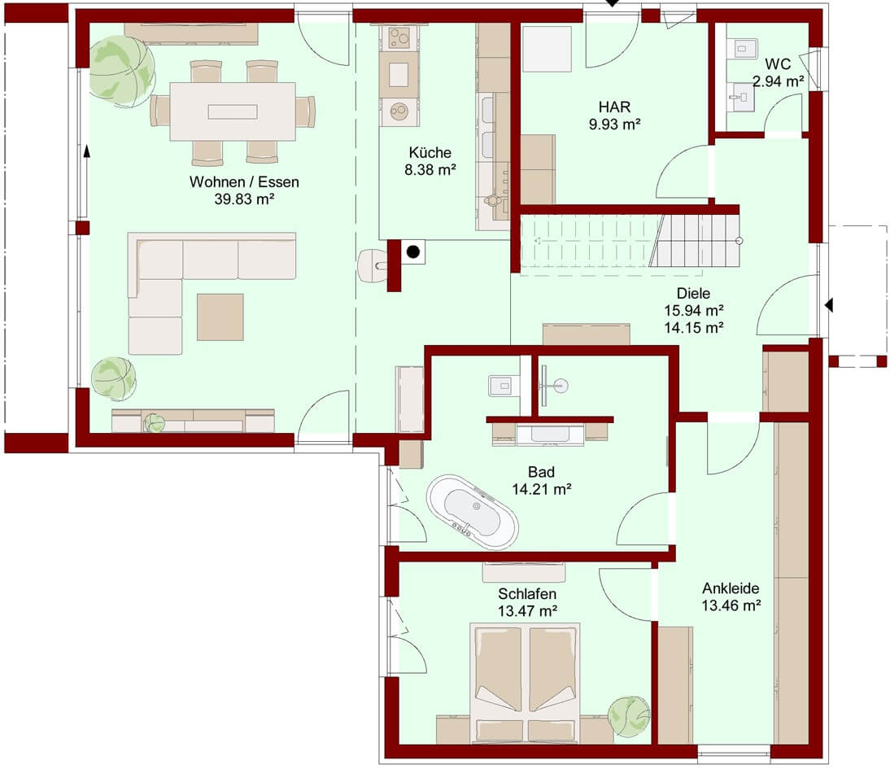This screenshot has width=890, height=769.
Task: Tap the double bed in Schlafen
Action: [525, 683]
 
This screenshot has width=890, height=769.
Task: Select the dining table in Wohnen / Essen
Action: [233, 111]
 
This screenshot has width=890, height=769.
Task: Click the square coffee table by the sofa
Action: [220, 317]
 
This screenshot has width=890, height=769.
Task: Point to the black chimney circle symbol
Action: [413, 251]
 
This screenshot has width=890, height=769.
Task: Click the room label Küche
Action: [430, 152]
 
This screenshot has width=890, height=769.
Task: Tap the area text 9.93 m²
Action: [615, 124]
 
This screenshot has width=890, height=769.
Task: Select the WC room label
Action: [778, 63]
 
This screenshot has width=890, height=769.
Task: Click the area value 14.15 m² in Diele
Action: [694, 327]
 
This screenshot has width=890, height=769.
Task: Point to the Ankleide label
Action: [731, 588]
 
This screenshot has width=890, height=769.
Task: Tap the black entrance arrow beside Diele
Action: [829, 305]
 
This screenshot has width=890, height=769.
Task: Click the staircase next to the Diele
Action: [630, 241]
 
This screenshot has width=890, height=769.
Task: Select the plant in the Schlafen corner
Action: [628, 716]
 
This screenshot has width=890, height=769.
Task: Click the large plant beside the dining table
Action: [121, 71]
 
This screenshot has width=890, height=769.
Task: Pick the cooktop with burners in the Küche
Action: [399, 38]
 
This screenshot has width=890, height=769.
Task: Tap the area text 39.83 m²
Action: [244, 199]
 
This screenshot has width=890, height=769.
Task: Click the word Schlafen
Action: [526, 593]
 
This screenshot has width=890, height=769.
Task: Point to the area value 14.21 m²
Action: [542, 488]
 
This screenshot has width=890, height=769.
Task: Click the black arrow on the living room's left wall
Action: [87, 151]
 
